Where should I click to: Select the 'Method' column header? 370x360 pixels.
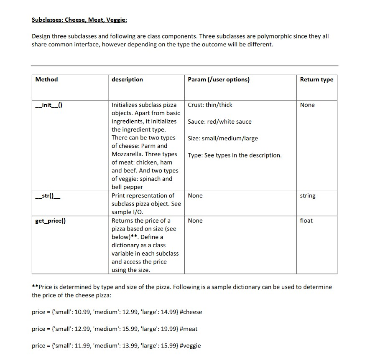(x=46, y=79)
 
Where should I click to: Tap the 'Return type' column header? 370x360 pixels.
(x=316, y=79)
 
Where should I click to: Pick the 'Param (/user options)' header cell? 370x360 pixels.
(x=219, y=79)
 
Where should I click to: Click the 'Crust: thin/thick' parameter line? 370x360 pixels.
(x=210, y=105)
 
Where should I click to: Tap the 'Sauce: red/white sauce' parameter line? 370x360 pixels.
(x=219, y=122)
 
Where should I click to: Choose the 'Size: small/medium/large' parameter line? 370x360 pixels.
(x=222, y=138)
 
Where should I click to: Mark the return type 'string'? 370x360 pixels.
(x=308, y=196)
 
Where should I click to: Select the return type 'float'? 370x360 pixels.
(x=306, y=221)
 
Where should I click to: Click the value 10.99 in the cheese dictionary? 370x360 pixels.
(x=77, y=312)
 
